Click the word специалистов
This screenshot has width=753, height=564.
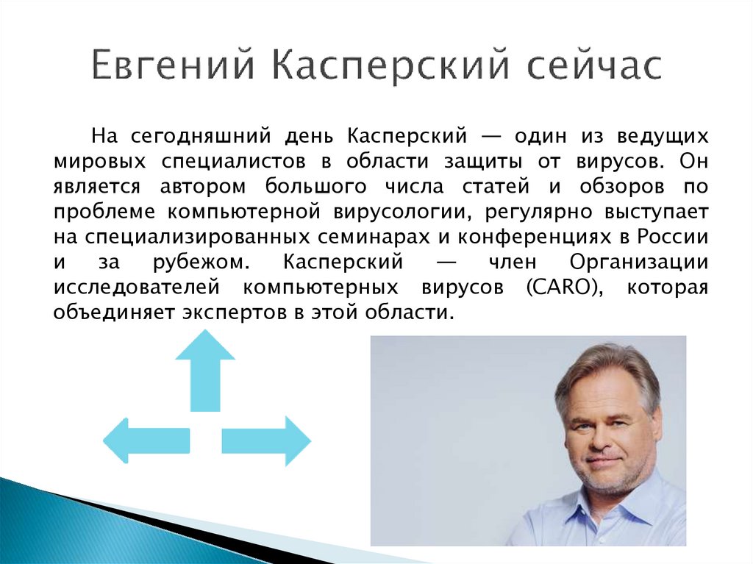(233, 162)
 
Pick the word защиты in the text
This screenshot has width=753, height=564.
(482, 162)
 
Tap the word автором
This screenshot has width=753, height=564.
(203, 186)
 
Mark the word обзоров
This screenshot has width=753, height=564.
(622, 186)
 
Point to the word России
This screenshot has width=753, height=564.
(674, 237)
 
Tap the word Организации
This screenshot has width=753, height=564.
(639, 263)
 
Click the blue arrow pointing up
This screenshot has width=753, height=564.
(205, 371)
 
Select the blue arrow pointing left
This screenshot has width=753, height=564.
(146, 440)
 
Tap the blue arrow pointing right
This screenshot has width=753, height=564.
(266, 441)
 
